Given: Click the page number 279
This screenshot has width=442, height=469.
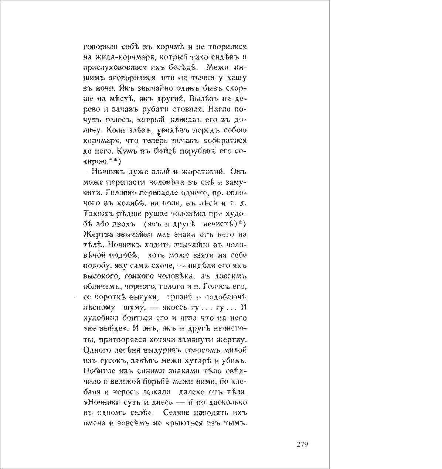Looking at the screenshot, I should [302, 444].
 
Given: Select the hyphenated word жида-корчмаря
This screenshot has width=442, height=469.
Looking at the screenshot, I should [122, 58].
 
